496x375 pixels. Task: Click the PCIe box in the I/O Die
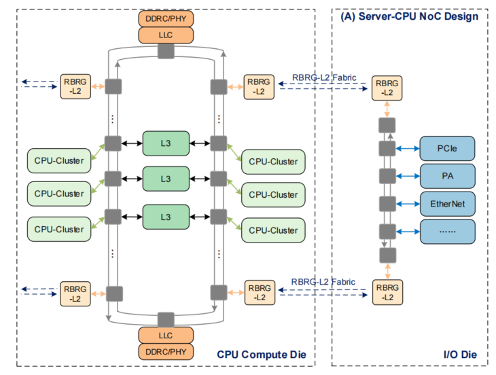coord(446,148)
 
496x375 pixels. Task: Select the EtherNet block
coord(446,203)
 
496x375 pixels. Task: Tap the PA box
coord(446,175)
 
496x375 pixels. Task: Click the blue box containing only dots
coord(446,231)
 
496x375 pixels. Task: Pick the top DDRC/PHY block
coord(166,18)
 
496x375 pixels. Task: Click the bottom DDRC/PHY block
coord(166,351)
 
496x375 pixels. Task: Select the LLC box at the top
coord(166,35)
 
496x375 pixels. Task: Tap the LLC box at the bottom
coord(166,335)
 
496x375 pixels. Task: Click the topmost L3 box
coord(166,143)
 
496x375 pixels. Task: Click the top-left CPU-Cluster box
coord(59,161)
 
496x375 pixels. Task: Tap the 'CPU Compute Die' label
coord(262,354)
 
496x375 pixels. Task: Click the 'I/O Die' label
coord(460,354)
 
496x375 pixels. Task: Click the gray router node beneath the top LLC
coord(166,51)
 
